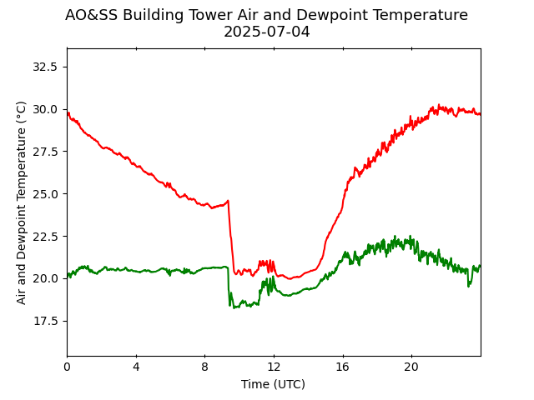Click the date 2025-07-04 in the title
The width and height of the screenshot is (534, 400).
[266, 32]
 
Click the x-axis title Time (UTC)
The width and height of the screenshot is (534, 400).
[273, 384]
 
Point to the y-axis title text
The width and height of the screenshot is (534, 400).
[22, 202]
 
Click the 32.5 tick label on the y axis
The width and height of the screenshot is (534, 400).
[45, 67]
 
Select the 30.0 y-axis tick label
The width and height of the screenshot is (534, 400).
[45, 109]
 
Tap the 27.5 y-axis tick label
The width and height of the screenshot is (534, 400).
[45, 152]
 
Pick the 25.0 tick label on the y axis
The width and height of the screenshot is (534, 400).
[45, 194]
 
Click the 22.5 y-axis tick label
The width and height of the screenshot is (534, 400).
[45, 237]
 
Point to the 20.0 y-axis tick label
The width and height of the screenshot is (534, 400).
[45, 278]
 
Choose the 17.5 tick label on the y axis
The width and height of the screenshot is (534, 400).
[45, 321]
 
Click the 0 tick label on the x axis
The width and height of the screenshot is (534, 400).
[67, 367]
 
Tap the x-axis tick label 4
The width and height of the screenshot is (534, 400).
[136, 367]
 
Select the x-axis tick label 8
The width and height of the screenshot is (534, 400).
[204, 367]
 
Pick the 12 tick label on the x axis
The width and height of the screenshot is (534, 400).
[274, 367]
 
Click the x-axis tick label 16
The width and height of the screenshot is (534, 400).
[342, 367]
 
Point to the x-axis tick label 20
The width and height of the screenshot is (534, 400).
[411, 367]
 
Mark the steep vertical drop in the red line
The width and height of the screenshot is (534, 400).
[230, 237]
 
